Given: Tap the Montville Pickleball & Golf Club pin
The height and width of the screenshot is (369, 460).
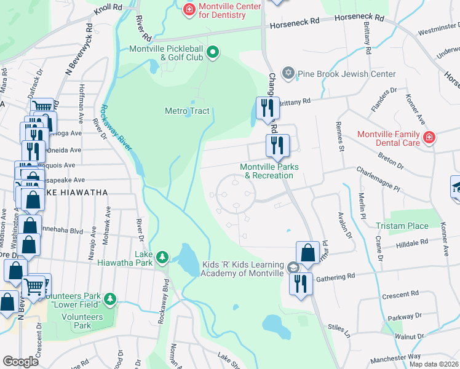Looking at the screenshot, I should tap(213, 52).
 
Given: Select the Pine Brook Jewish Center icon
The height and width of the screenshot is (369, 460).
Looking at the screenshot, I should tap(288, 74).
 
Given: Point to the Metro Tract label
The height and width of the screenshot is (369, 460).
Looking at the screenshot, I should tap(187, 111).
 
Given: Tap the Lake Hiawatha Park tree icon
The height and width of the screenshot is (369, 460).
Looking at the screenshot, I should tap(162, 256).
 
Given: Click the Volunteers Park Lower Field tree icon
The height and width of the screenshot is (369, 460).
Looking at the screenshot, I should tap(110, 299).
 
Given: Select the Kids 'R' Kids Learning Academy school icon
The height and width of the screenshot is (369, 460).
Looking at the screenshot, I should tap(293, 268).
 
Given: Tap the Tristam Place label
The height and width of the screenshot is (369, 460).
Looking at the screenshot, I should tap(403, 226).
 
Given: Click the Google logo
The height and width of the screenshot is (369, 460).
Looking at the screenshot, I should tap(20, 362).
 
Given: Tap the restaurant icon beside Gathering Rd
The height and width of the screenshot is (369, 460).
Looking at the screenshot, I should tap(300, 285).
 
